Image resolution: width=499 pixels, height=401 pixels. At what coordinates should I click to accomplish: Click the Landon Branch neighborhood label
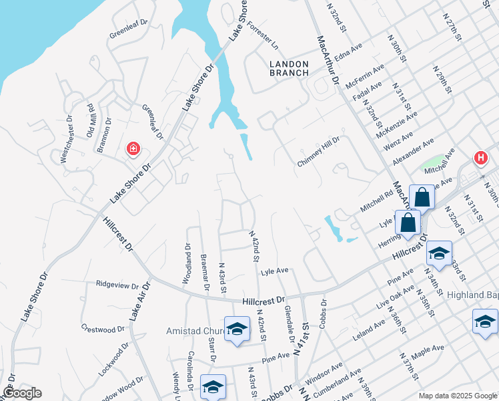pyautogui.click(x=289, y=68)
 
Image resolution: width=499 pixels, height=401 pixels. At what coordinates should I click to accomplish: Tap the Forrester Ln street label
pyautogui.click(x=262, y=35)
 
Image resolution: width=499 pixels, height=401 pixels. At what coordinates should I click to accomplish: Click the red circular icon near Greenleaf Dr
pyautogui.click(x=133, y=148)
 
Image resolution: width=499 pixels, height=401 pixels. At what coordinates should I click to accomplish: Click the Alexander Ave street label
pyautogui.click(x=413, y=152)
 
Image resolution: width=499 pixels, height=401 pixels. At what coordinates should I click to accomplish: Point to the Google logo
pyautogui.click(x=21, y=393)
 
